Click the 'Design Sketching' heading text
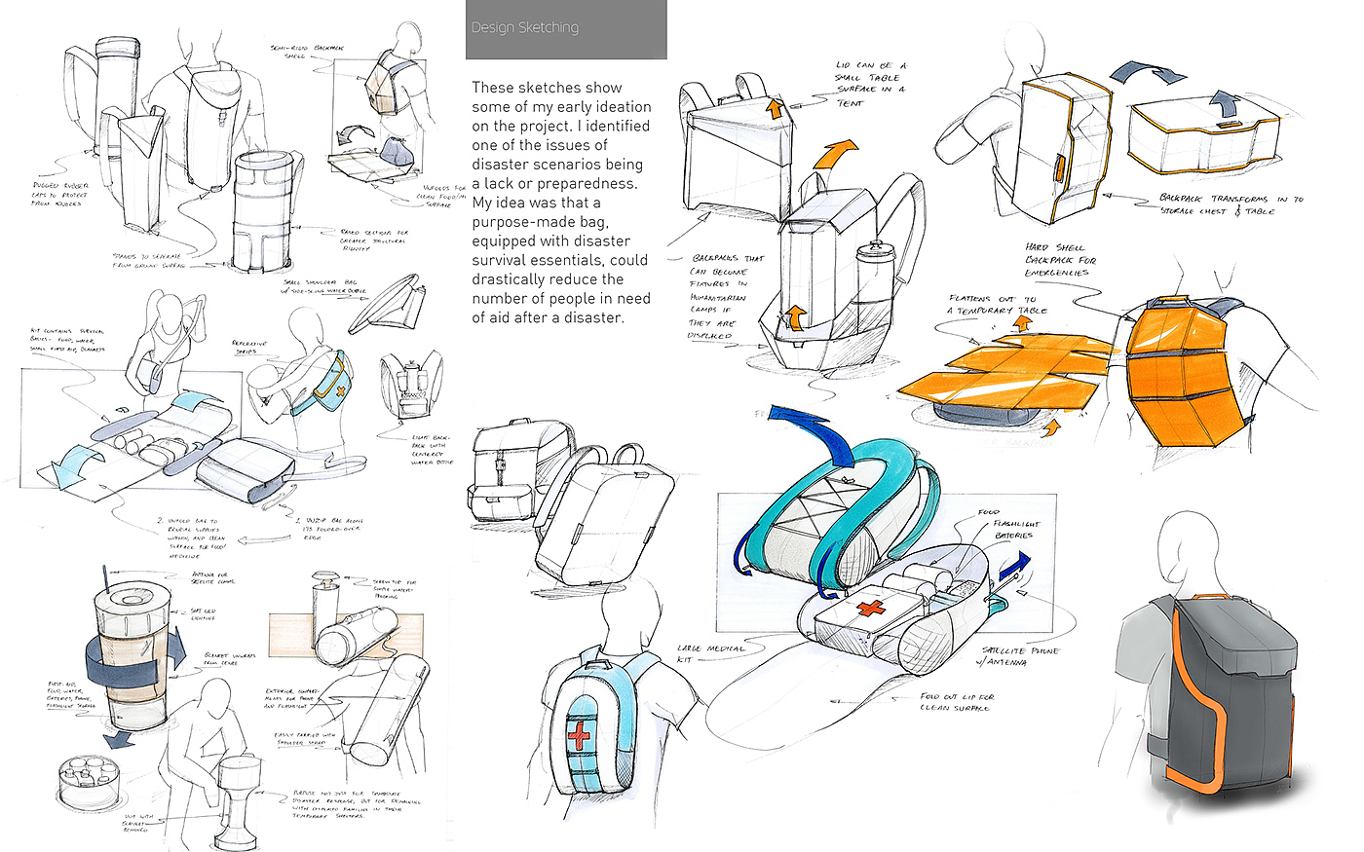click(524, 27)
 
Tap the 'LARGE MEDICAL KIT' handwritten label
click(710, 653)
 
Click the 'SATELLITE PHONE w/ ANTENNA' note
click(1019, 656)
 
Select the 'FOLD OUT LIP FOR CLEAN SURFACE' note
click(957, 702)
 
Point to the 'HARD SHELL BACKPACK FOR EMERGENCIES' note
click(1060, 260)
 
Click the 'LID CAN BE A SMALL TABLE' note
click(870, 83)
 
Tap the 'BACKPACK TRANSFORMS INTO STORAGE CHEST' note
click(1231, 204)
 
